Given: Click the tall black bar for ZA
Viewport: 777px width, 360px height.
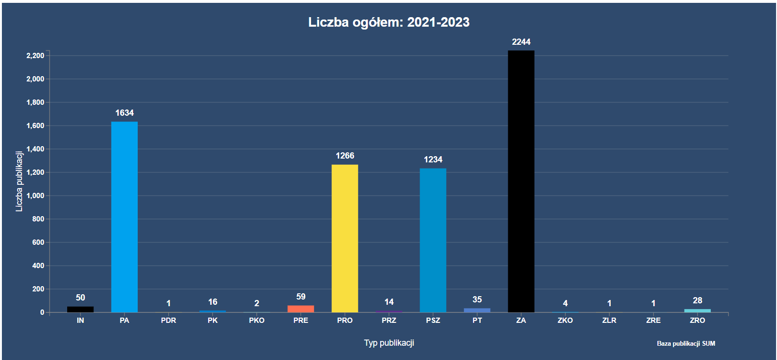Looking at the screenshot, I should (521, 181).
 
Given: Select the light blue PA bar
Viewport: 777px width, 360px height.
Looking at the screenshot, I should (124, 217).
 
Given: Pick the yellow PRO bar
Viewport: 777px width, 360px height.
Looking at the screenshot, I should (344, 238).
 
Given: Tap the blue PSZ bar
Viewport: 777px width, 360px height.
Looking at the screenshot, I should (433, 240).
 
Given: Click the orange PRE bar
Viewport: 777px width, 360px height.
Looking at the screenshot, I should (301, 309).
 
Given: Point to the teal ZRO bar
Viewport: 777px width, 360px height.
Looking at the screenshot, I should (697, 310).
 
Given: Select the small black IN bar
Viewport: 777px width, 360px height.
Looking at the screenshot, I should (80, 309).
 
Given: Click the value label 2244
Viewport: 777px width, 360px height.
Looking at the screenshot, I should (521, 42).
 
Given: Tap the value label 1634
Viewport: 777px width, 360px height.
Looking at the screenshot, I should (124, 113).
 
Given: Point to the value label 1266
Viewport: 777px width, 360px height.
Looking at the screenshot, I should (344, 156).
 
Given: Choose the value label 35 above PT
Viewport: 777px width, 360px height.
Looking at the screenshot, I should (477, 300).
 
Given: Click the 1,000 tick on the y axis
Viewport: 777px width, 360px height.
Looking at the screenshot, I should (35, 196).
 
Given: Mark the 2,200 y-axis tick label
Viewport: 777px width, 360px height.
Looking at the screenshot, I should (35, 56).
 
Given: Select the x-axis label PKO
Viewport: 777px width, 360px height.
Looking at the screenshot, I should (256, 320).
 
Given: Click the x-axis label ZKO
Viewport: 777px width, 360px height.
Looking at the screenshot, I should (565, 320).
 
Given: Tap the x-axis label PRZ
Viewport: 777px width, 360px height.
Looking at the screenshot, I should (389, 320).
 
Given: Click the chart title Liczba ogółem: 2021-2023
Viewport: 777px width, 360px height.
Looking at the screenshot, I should (389, 22).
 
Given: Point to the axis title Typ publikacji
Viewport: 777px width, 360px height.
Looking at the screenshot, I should (389, 343).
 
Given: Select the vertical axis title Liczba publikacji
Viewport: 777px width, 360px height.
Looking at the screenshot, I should (19, 181).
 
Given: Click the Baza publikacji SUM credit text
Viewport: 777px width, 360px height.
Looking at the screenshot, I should (686, 343).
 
